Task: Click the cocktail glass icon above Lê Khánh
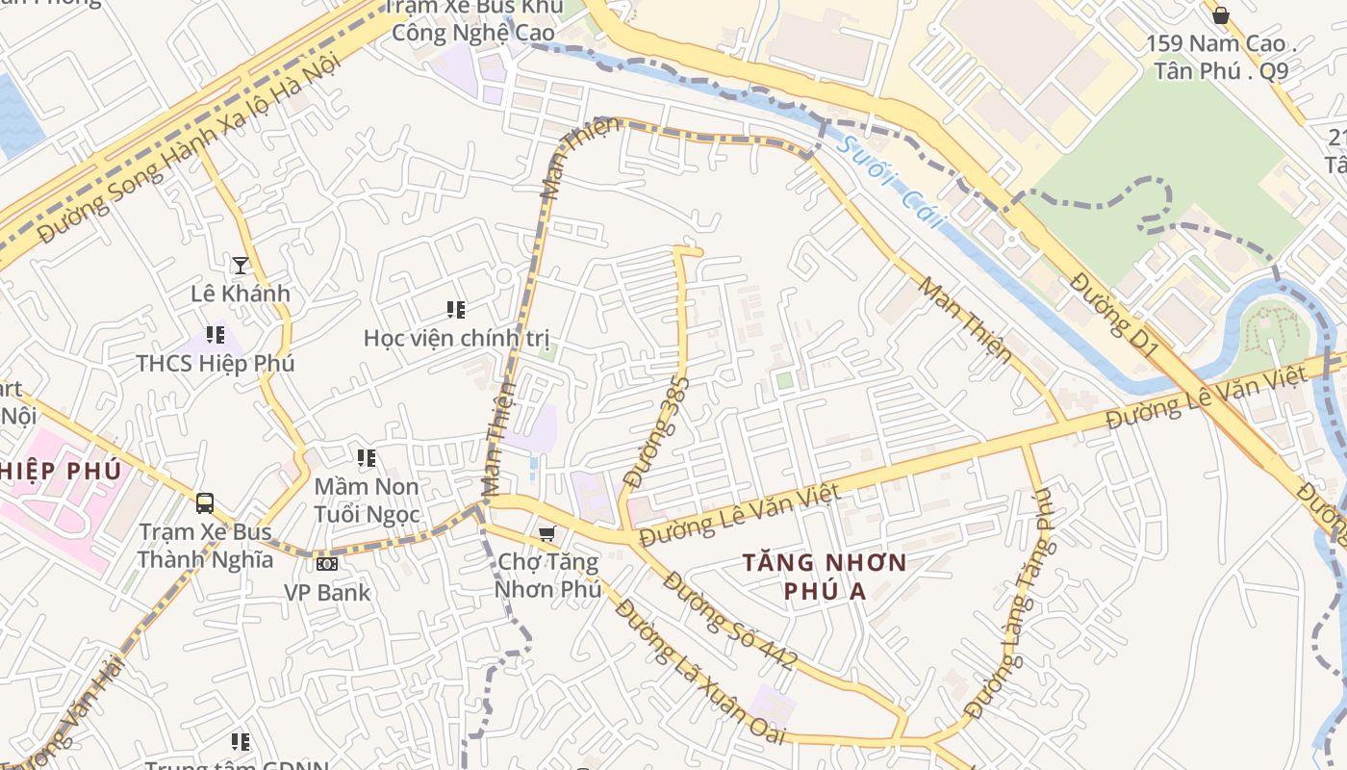click(x=240, y=265)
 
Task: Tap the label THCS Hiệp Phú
click(x=215, y=364)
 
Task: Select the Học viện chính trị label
click(x=456, y=338)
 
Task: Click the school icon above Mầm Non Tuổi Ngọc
click(x=366, y=458)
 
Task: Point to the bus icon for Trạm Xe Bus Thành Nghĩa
click(x=205, y=502)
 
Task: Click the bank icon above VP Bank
click(x=327, y=563)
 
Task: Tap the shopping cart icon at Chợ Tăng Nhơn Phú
click(x=546, y=533)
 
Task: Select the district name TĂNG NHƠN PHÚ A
click(x=825, y=576)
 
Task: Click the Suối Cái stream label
click(x=891, y=188)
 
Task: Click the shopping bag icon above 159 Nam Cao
click(x=1220, y=15)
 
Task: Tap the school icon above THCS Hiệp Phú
click(x=215, y=335)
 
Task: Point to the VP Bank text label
click(x=327, y=592)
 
